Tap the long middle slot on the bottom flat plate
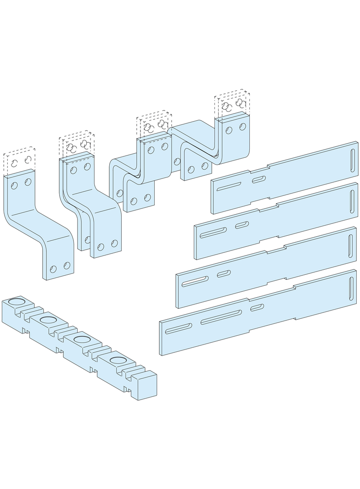click(x=221, y=317)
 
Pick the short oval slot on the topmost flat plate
click(x=258, y=178)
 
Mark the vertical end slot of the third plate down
click(x=351, y=243)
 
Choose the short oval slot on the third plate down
click(x=224, y=274)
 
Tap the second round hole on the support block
click(x=47, y=320)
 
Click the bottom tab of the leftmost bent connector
click(x=59, y=268)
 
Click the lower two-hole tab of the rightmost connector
click(x=198, y=168)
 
